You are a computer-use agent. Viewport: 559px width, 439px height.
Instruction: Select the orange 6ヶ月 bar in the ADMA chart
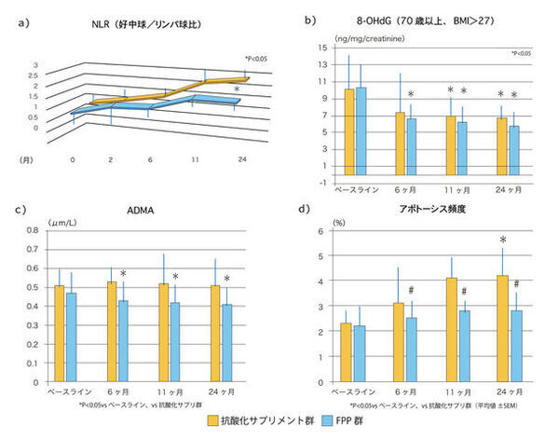coord(111,332)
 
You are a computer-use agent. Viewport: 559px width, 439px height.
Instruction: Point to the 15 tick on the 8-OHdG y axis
coord(322,47)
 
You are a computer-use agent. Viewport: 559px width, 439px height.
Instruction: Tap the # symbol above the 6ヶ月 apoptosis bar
coord(411,290)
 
